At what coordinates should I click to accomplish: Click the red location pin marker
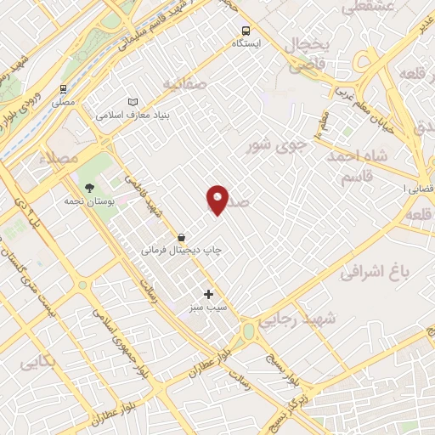pyautogui.click(x=217, y=199)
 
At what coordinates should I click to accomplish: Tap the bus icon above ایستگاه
pyautogui.click(x=246, y=29)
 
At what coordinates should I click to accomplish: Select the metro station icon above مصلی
pyautogui.click(x=63, y=89)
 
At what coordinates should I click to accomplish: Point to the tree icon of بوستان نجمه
pyautogui.click(x=89, y=188)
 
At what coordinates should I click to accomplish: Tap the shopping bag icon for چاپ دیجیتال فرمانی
pyautogui.click(x=181, y=237)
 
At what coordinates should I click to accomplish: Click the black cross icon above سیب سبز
pyautogui.click(x=208, y=294)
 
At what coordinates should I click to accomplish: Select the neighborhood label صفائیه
pyautogui.click(x=184, y=84)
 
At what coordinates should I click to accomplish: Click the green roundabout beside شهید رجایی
pyautogui.click(x=248, y=330)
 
